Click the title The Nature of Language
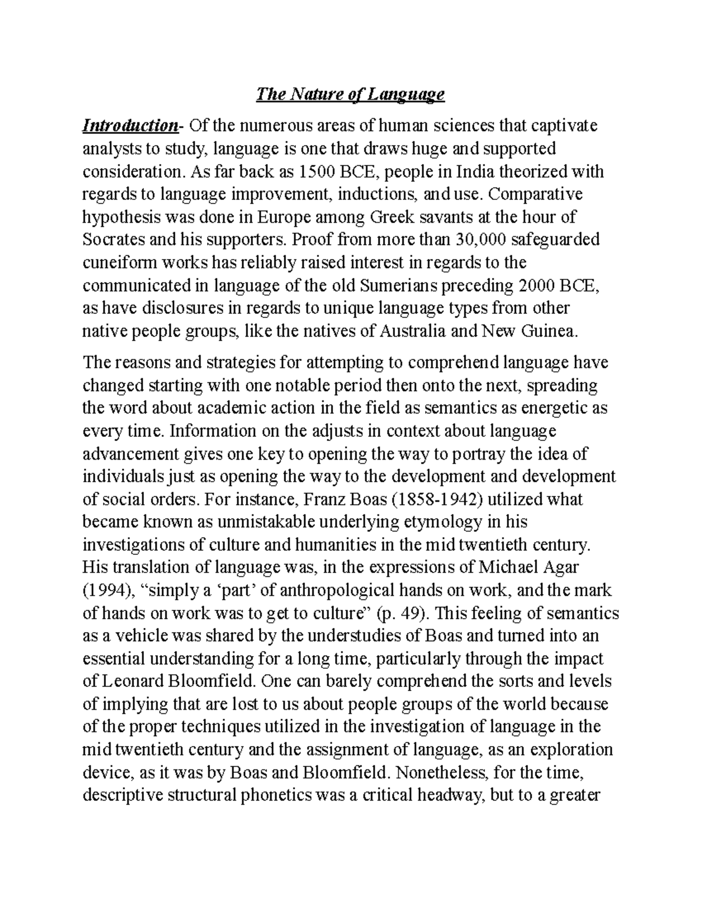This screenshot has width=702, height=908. coord(350,94)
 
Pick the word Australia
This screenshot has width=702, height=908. coord(412,332)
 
